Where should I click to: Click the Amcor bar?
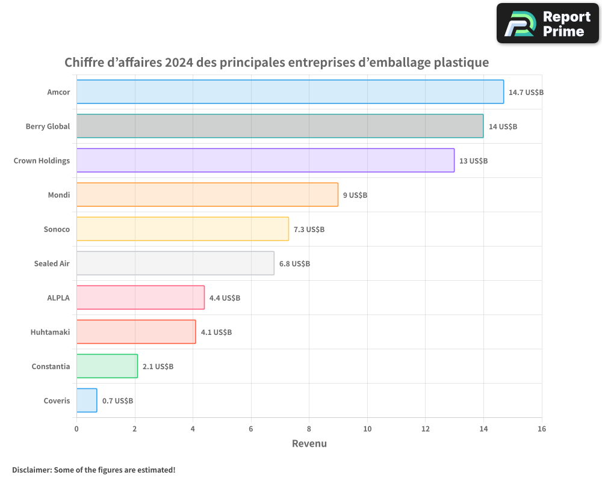coord(290,92)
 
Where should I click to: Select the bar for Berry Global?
coord(279,126)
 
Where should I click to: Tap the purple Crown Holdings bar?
coord(265,161)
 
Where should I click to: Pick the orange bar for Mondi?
coord(207,195)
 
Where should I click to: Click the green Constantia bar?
coord(107,366)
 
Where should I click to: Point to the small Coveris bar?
coord(87,400)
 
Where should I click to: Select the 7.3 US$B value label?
coord(309,230)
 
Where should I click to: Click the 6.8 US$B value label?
coord(294,264)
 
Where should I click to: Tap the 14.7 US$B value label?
coord(526,93)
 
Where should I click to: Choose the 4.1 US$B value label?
coord(216,332)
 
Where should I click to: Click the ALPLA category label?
coord(58,298)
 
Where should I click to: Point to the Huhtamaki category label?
coord(50,332)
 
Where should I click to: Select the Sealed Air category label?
coord(52,263)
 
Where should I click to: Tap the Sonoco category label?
coord(57,229)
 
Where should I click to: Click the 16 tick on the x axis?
coord(542,429)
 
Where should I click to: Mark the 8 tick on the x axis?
coord(309,429)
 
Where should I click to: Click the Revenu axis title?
coord(309,444)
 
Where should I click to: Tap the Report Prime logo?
coord(548,23)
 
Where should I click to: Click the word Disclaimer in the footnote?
coord(31,470)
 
